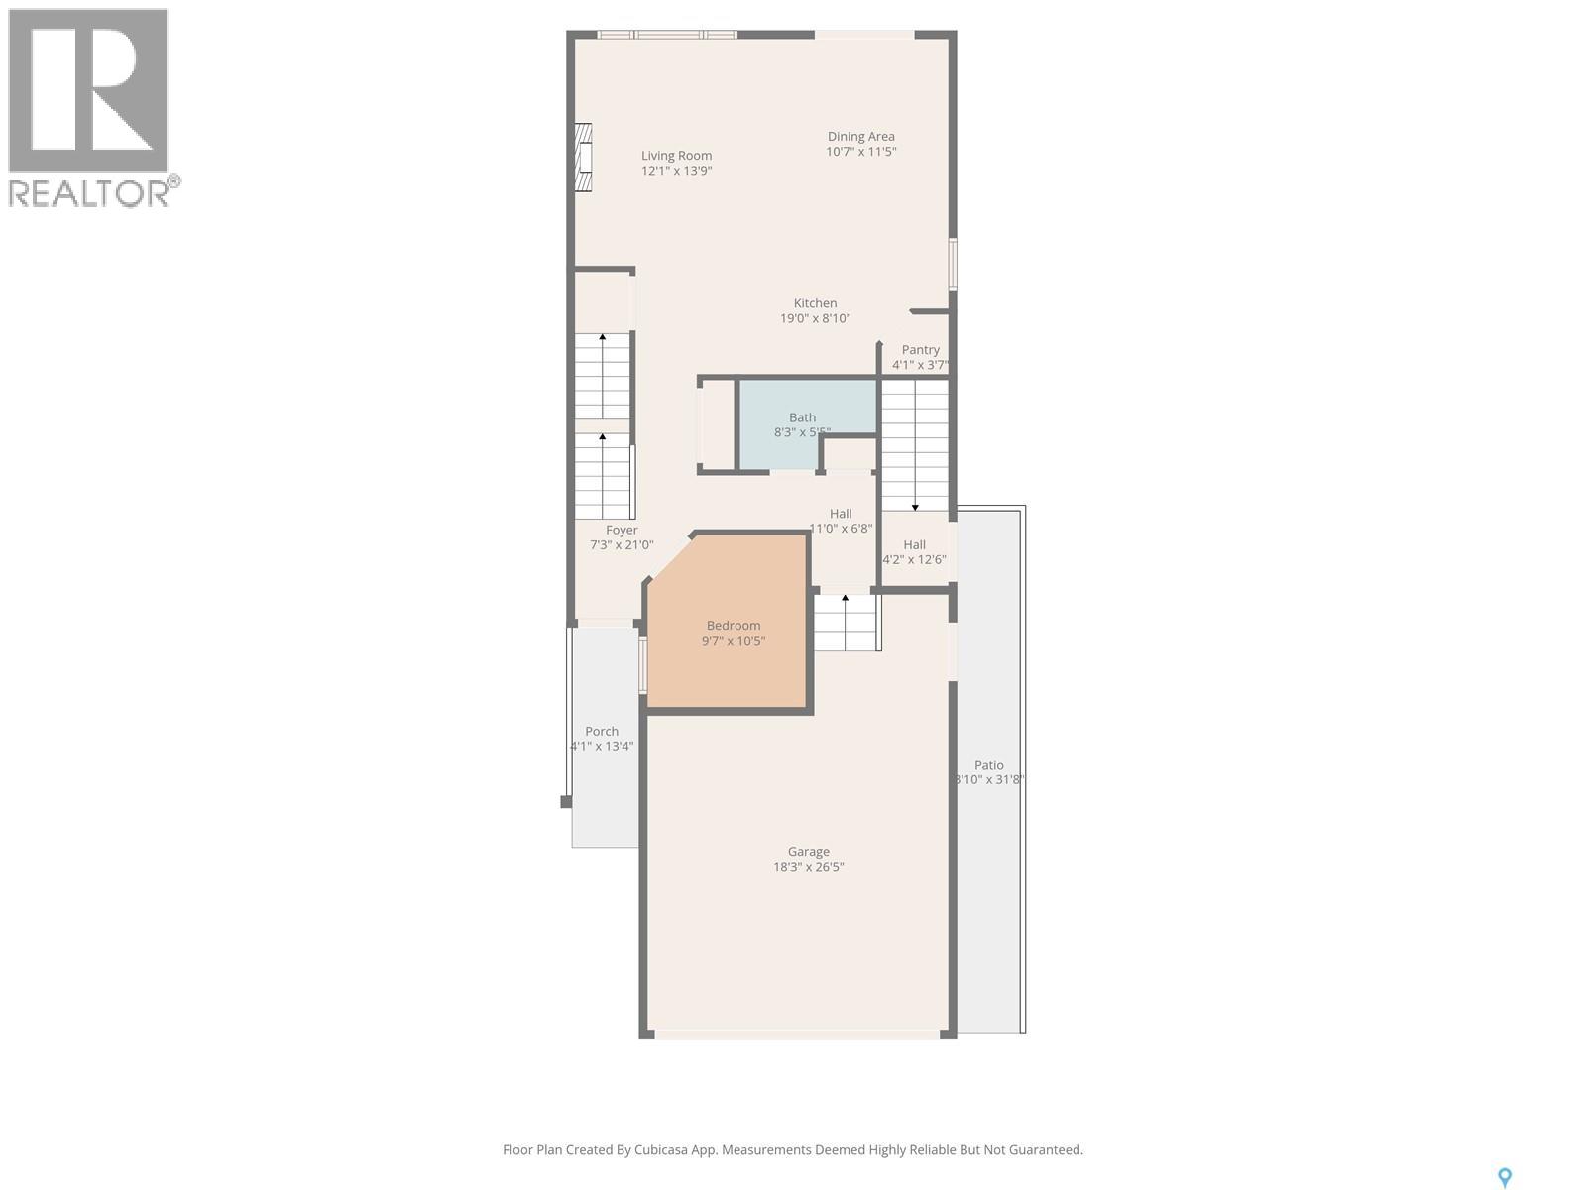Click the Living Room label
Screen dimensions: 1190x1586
[x=676, y=156]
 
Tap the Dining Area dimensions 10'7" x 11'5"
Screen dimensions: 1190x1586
[x=860, y=152]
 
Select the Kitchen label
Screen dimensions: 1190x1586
[x=815, y=303]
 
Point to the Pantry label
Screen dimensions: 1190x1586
[x=920, y=350]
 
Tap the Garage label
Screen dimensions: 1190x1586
[x=808, y=852]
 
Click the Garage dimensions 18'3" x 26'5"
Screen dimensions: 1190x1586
[x=808, y=867]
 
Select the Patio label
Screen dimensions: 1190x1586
[x=988, y=765]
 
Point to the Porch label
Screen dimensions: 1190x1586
[x=602, y=732]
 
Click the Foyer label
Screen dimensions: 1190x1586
[x=622, y=531]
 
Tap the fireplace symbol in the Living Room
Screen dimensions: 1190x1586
[x=584, y=158]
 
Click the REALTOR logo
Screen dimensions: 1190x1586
[x=90, y=108]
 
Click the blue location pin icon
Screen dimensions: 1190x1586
[x=1504, y=1177]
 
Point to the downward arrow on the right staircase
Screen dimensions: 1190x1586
[x=915, y=505]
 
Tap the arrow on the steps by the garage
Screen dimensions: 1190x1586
[x=845, y=599]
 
